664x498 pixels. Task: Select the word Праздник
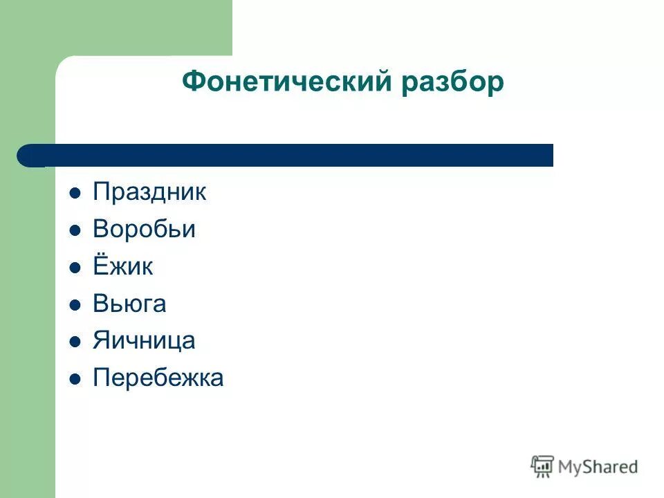point(149,192)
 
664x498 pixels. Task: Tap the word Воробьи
point(144,230)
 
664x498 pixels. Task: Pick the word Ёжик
point(122,267)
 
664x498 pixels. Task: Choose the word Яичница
point(144,340)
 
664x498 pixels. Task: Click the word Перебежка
point(158,378)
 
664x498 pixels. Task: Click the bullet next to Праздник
point(75,193)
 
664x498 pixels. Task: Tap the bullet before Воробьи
point(75,230)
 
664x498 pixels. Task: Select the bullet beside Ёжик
point(75,268)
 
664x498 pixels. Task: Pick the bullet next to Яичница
point(75,342)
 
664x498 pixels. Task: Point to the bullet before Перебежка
point(75,379)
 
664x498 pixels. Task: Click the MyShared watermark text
point(598,467)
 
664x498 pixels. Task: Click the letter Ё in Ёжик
point(100,266)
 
